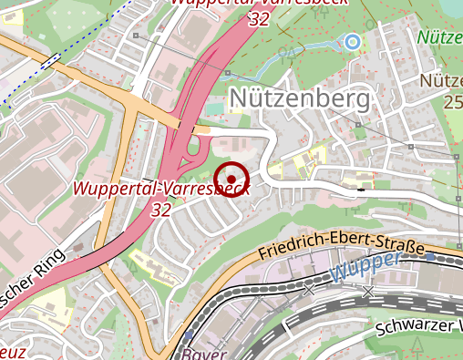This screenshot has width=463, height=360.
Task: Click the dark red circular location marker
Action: click(231, 179)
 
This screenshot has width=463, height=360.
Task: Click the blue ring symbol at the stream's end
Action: click(352, 41)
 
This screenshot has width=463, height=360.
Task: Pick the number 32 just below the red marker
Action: click(162, 210)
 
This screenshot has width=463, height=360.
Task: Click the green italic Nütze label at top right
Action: click(441, 38)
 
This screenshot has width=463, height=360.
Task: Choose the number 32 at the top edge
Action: click(258, 18)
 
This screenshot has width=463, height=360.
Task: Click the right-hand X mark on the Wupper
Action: click(367, 292)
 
